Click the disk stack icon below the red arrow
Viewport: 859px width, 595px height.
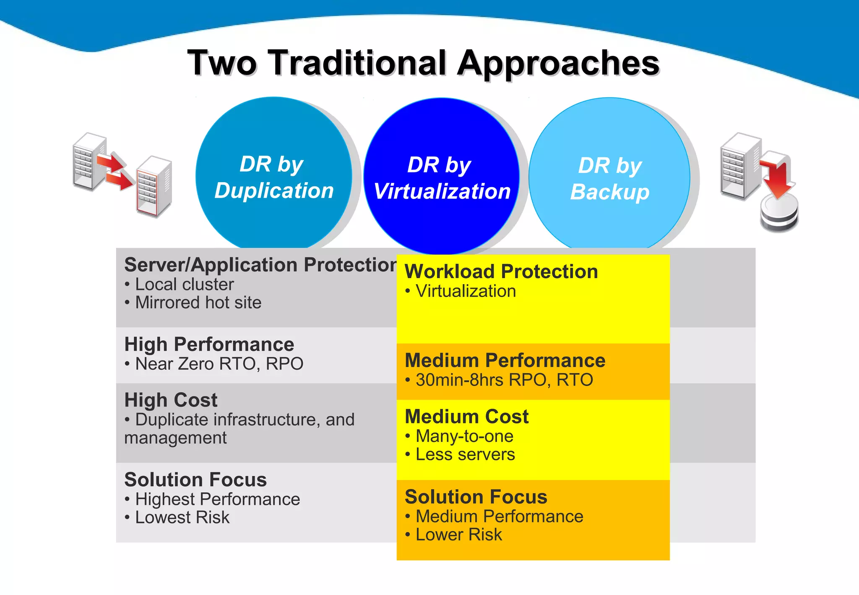coord(779,214)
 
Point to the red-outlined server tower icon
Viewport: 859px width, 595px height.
coord(154,187)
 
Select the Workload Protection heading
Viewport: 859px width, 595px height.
coord(501,271)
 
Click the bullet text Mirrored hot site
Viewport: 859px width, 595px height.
coord(198,303)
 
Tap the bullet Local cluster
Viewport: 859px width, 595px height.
coord(184,284)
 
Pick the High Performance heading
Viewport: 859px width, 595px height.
coord(209,344)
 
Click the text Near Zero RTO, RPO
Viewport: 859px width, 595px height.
coord(219,364)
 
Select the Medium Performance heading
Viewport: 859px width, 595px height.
coord(505,360)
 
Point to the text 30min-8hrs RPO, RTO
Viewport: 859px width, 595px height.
coord(504,380)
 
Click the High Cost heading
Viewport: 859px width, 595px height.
coord(171,400)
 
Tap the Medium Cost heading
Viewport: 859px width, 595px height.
coord(466,417)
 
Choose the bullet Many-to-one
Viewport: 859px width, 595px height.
coord(464,436)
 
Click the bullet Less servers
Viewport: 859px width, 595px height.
coord(465,454)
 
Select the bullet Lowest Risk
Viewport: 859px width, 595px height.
coord(182,517)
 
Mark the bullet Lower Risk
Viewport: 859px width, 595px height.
coord(458,535)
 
